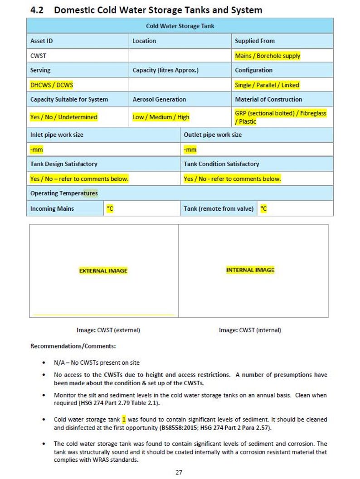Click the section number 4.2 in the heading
click(x=36, y=10)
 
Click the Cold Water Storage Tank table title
click(x=180, y=26)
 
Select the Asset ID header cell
click(x=41, y=41)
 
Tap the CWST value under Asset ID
click(x=38, y=56)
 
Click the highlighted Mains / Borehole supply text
click(x=268, y=56)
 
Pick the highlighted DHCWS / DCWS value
click(x=51, y=85)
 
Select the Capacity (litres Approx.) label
click(x=165, y=70)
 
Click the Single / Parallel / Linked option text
click(x=267, y=85)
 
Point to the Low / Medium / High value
click(x=161, y=117)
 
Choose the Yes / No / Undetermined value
click(x=63, y=117)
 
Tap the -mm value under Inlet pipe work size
click(x=36, y=150)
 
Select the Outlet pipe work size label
click(x=213, y=135)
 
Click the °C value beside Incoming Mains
click(x=110, y=208)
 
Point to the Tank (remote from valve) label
click(x=219, y=208)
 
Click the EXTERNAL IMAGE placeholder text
click(x=103, y=271)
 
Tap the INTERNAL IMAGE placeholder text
click(x=250, y=270)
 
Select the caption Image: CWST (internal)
click(x=250, y=330)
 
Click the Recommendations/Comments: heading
click(x=73, y=346)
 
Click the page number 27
click(x=179, y=472)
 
